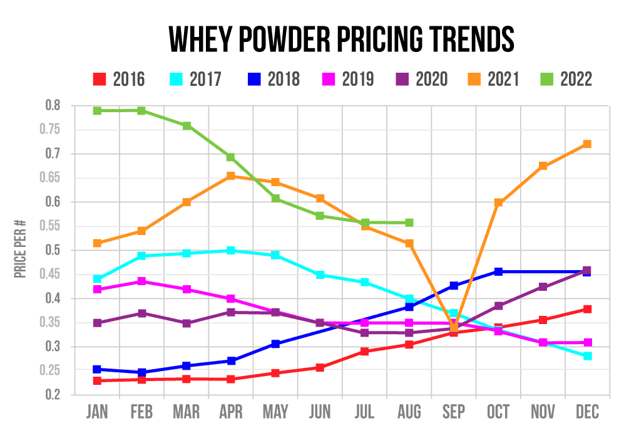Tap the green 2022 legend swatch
tap(546, 79)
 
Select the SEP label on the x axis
tap(453, 412)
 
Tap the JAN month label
tap(98, 412)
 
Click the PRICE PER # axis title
tap(21, 250)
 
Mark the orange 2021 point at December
tap(587, 144)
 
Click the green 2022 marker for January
tap(98, 111)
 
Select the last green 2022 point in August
tap(409, 223)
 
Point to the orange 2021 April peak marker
tap(231, 176)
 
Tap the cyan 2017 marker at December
tap(587, 356)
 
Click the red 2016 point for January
tap(98, 380)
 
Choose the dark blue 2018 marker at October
tap(498, 271)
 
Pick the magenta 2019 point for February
tap(142, 281)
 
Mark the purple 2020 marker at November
tap(543, 287)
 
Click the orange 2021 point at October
tap(498, 203)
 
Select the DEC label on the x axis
tap(587, 412)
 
